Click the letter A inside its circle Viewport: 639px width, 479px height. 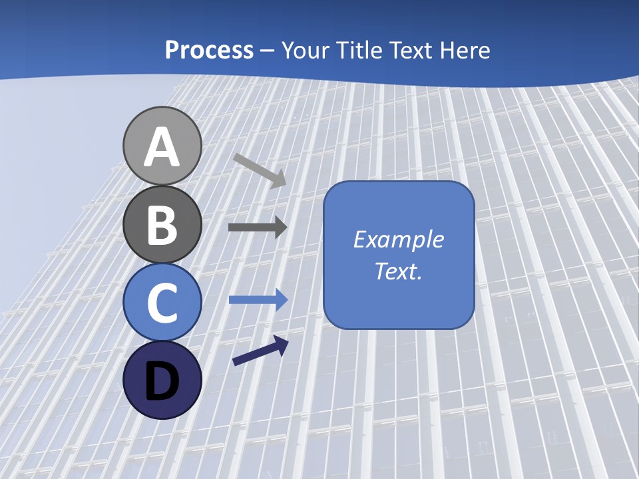pyautogui.click(x=162, y=147)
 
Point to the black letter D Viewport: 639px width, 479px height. pyautogui.click(x=162, y=381)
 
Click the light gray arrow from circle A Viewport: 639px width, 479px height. pyautogui.click(x=260, y=170)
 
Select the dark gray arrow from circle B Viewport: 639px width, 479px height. pyautogui.click(x=257, y=228)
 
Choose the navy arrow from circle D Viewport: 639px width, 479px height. pyautogui.click(x=260, y=351)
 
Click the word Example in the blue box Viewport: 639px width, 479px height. pyautogui.click(x=398, y=239)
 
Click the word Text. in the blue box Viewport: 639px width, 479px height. pyautogui.click(x=398, y=271)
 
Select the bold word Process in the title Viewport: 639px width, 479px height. pyautogui.click(x=209, y=50)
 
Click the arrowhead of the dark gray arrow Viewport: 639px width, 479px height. pyautogui.click(x=280, y=228)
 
